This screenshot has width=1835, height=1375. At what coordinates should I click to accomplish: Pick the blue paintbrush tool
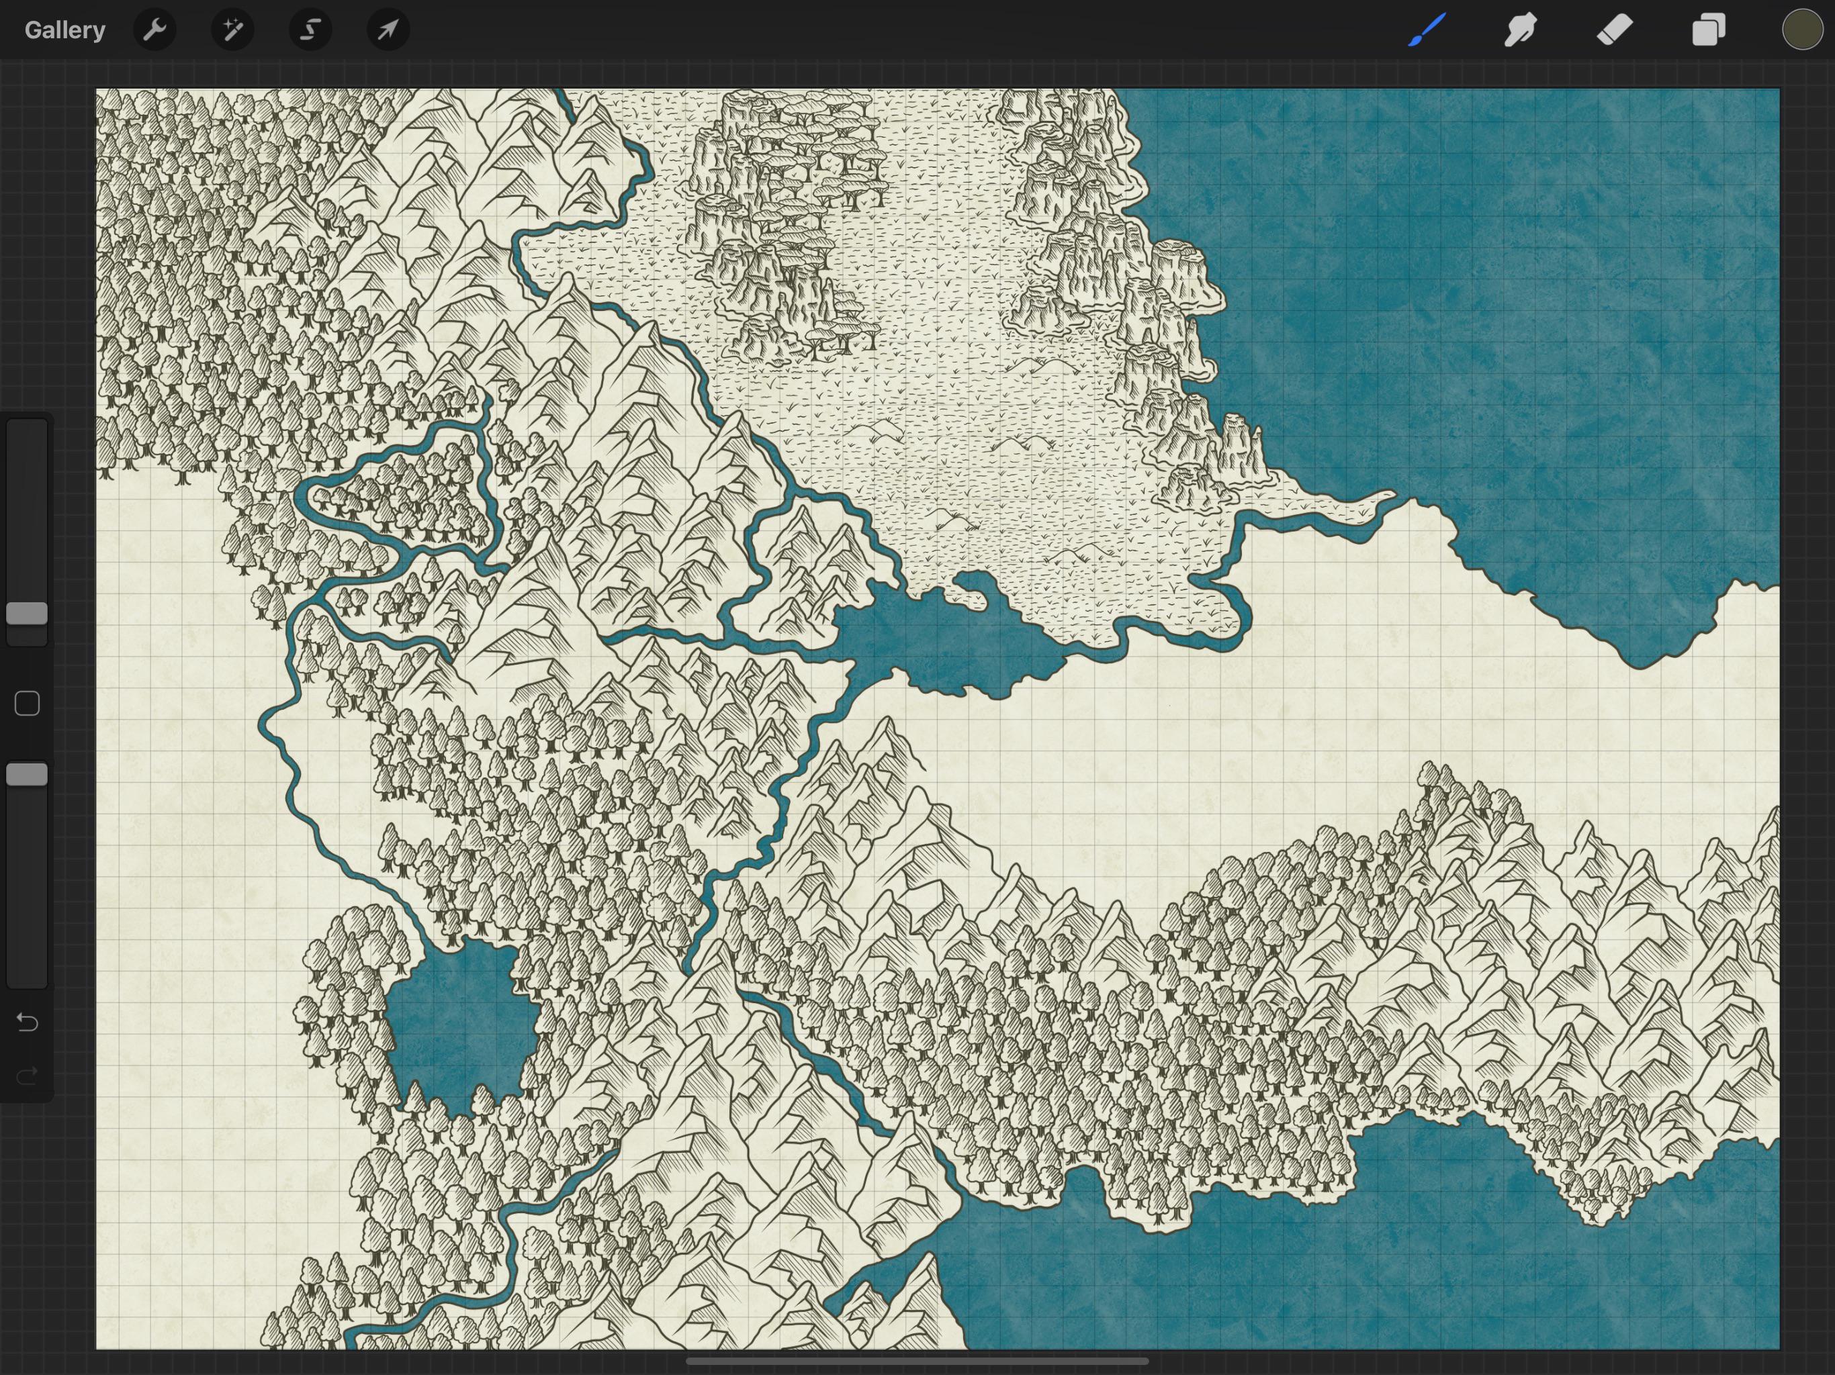point(1427,30)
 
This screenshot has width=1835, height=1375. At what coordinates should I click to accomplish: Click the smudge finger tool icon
point(1521,30)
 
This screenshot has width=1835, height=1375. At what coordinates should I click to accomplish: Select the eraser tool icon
point(1614,30)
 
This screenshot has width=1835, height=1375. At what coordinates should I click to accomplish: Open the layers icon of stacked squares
point(1708,30)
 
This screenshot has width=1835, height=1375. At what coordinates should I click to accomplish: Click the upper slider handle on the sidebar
point(28,614)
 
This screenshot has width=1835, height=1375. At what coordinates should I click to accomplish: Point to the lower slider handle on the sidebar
point(28,775)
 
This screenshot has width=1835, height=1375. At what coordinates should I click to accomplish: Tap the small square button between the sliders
point(28,703)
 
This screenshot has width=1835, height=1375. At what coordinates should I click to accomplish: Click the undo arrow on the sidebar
point(28,1023)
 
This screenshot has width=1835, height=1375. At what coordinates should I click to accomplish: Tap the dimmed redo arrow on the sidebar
point(28,1076)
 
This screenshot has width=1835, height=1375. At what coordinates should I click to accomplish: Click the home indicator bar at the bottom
point(917,1361)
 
